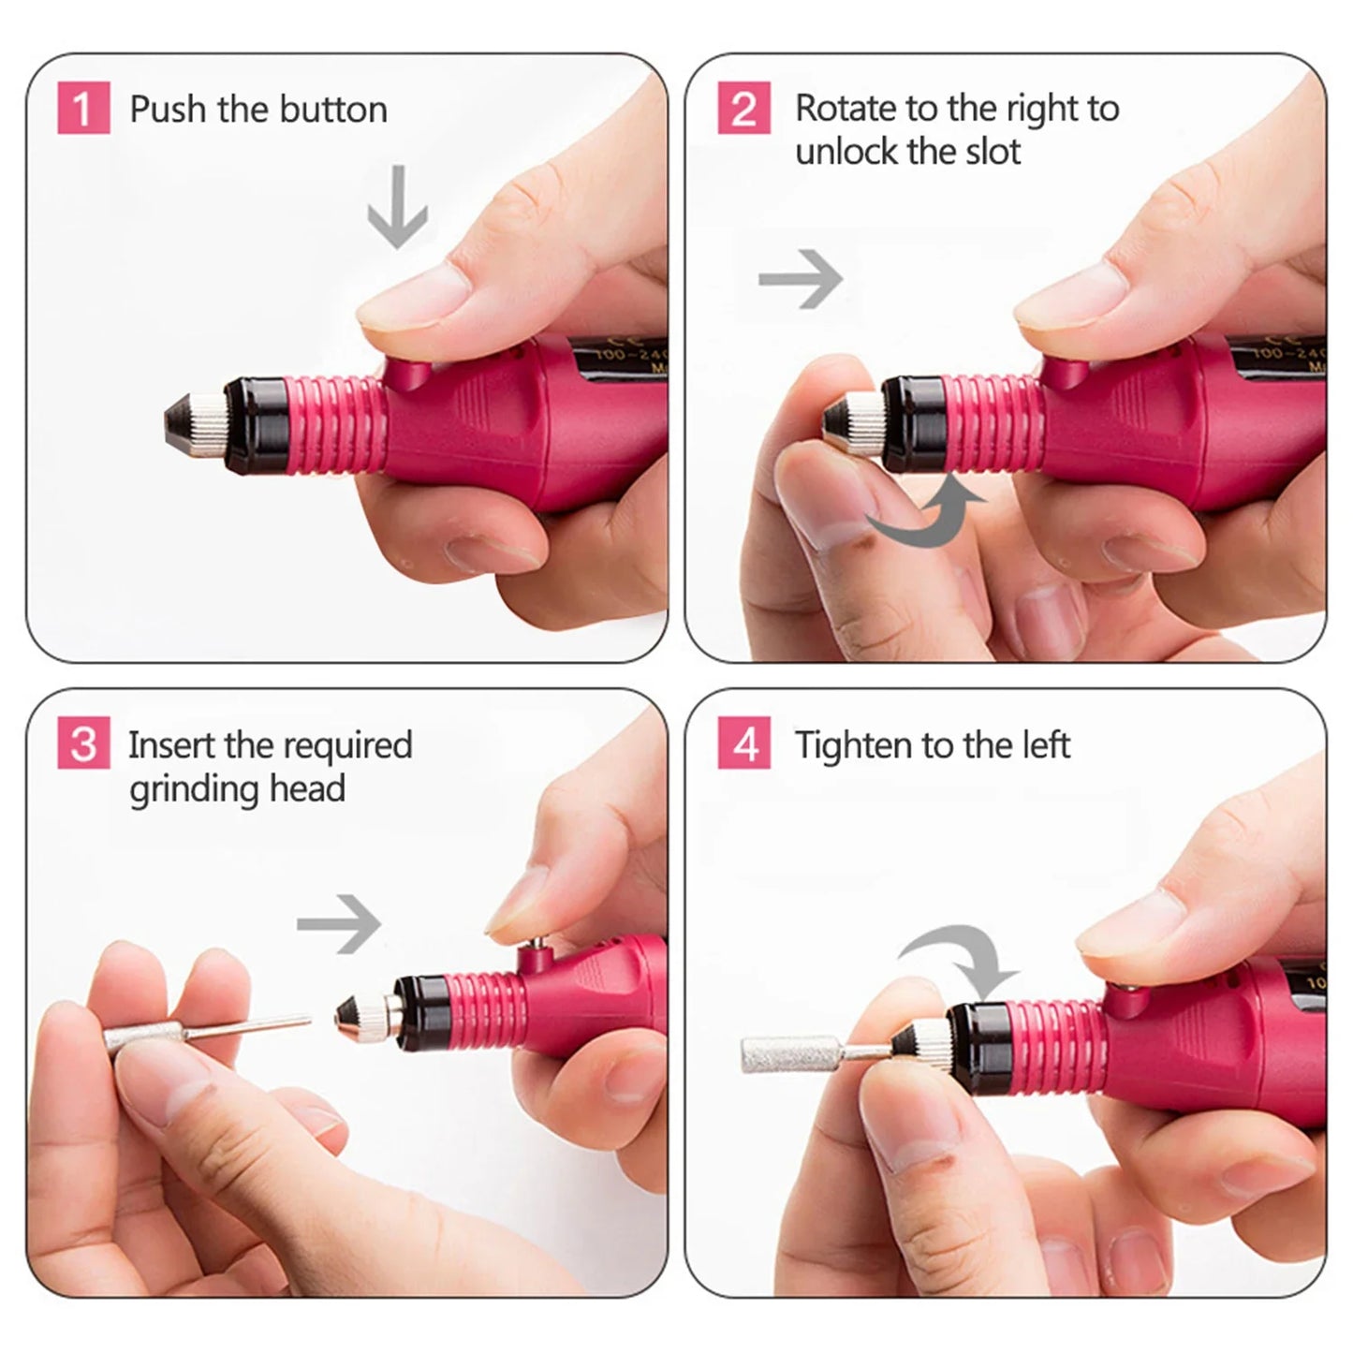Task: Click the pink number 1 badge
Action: pyautogui.click(x=83, y=108)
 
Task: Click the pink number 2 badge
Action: pyautogui.click(x=744, y=108)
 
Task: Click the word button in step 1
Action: pyautogui.click(x=333, y=110)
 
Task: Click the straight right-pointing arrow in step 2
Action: pyautogui.click(x=801, y=278)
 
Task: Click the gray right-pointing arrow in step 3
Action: pyautogui.click(x=339, y=923)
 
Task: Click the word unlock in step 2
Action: pyautogui.click(x=851, y=151)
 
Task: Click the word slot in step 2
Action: pyautogui.click(x=993, y=151)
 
